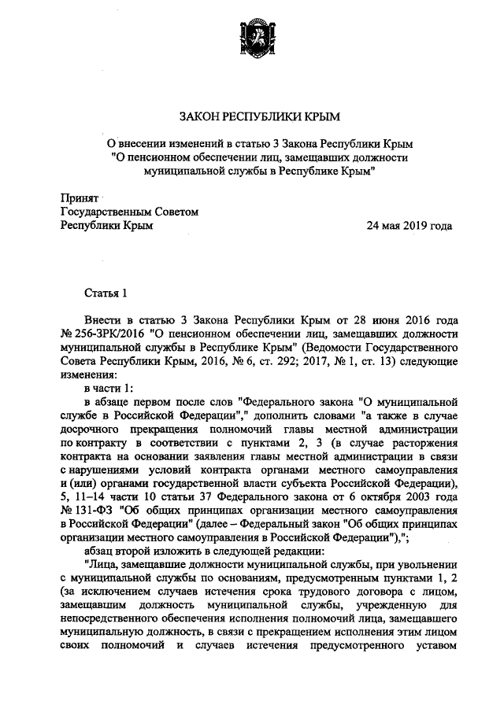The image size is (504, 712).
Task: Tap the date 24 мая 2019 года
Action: tap(409, 226)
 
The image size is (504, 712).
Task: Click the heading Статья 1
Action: tap(106, 293)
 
